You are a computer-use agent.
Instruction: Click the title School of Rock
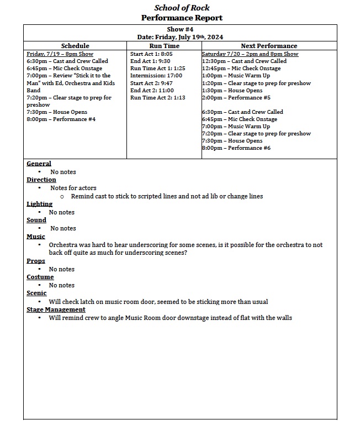click(x=182, y=8)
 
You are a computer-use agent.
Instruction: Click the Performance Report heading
click(x=182, y=18)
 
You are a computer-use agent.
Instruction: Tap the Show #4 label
click(x=179, y=29)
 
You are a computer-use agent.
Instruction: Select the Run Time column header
click(x=164, y=46)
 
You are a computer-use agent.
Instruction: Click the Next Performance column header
click(x=269, y=46)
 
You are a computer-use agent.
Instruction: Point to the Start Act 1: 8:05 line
click(x=151, y=54)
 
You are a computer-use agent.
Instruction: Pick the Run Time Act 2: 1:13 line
click(x=157, y=97)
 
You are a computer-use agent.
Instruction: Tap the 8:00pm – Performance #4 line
click(x=61, y=119)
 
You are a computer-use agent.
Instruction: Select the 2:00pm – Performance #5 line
click(x=236, y=97)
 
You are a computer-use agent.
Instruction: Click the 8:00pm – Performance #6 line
click(x=236, y=148)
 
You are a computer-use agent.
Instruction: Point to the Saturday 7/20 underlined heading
click(x=250, y=54)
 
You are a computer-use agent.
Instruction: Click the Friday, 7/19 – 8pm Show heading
click(x=60, y=54)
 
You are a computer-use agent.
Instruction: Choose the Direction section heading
click(x=41, y=180)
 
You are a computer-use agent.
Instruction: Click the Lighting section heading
click(x=40, y=204)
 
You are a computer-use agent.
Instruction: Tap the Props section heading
click(x=36, y=261)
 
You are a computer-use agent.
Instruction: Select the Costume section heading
click(x=40, y=277)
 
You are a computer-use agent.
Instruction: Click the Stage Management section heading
click(x=56, y=309)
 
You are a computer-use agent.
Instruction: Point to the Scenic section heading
click(x=36, y=293)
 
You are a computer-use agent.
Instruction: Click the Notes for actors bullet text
click(x=73, y=188)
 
